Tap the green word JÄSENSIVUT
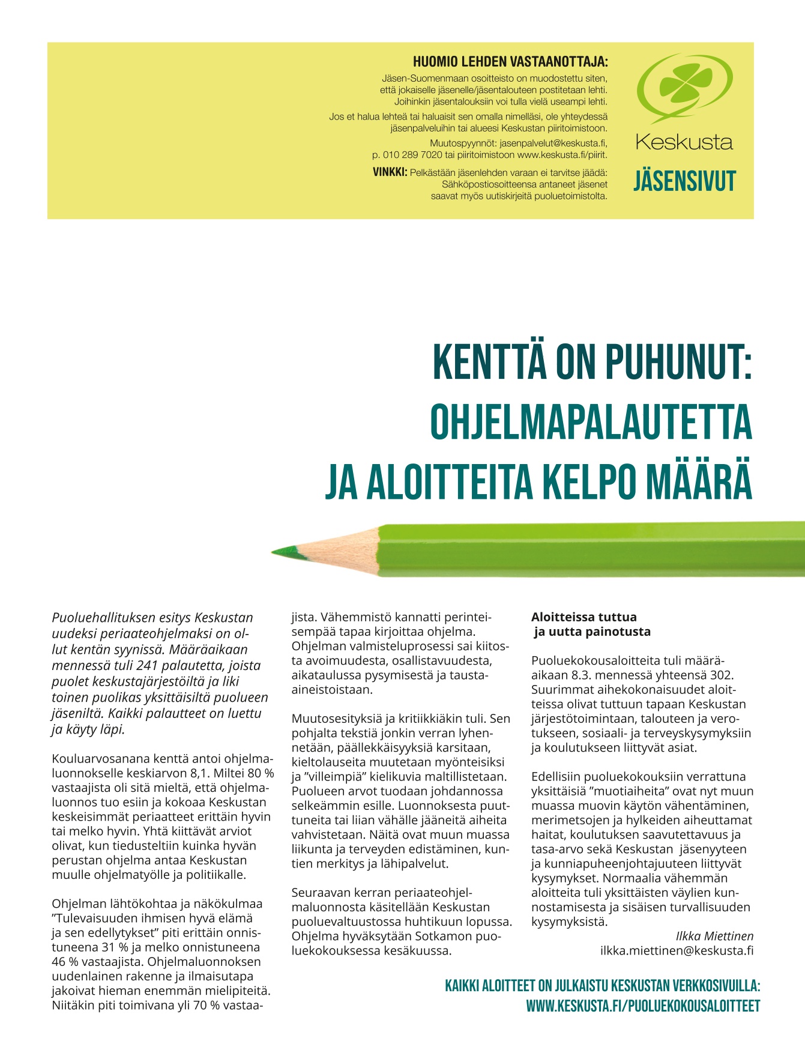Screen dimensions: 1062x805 point(684,181)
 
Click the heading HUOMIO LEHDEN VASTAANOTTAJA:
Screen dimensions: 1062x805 point(510,62)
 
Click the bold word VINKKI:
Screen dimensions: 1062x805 point(390,173)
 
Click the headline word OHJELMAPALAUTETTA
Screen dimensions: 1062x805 point(591,422)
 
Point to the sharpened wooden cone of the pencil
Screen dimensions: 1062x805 point(336,549)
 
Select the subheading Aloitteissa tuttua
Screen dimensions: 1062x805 point(584,617)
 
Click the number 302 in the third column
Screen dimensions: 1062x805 point(722,675)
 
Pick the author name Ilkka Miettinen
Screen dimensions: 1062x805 point(714,936)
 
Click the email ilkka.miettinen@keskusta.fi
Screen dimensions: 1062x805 point(677,951)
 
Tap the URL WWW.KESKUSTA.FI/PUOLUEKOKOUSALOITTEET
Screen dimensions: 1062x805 point(643,1006)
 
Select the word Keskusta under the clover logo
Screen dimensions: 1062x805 point(684,143)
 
